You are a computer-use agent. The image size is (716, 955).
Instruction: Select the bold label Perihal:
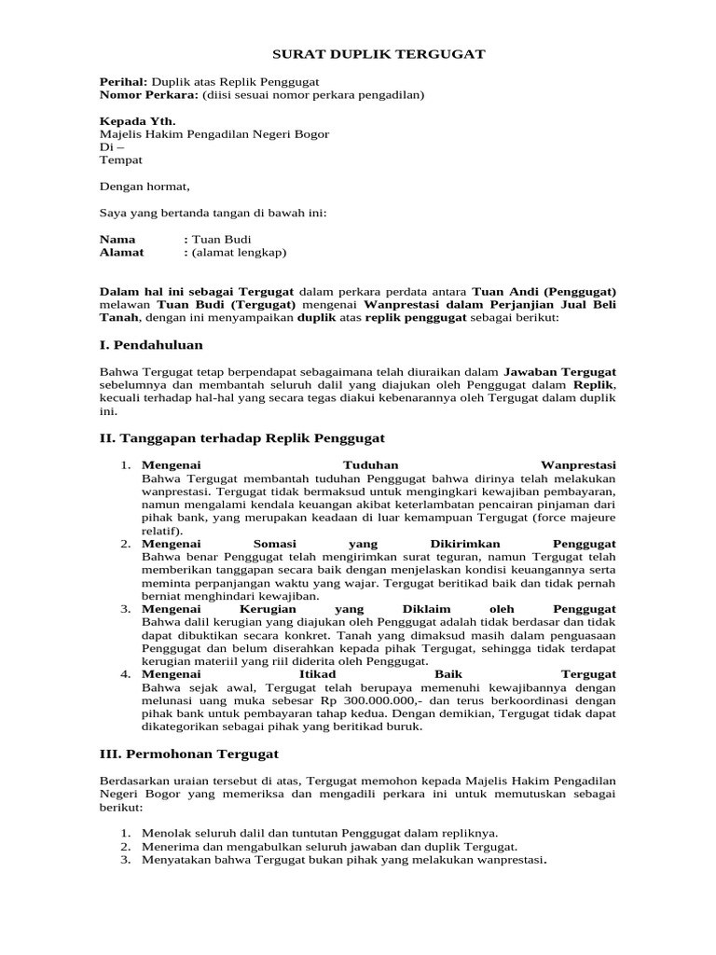123,82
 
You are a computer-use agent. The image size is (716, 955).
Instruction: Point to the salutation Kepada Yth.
137,121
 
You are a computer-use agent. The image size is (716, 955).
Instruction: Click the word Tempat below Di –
120,160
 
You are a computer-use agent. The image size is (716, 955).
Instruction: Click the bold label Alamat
122,252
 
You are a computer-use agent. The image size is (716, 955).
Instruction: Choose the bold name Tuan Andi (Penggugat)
544,291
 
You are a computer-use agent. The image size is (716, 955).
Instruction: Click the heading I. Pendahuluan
151,345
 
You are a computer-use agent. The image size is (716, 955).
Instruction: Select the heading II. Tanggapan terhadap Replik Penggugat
242,437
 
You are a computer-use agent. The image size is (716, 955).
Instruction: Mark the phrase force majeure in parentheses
575,517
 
